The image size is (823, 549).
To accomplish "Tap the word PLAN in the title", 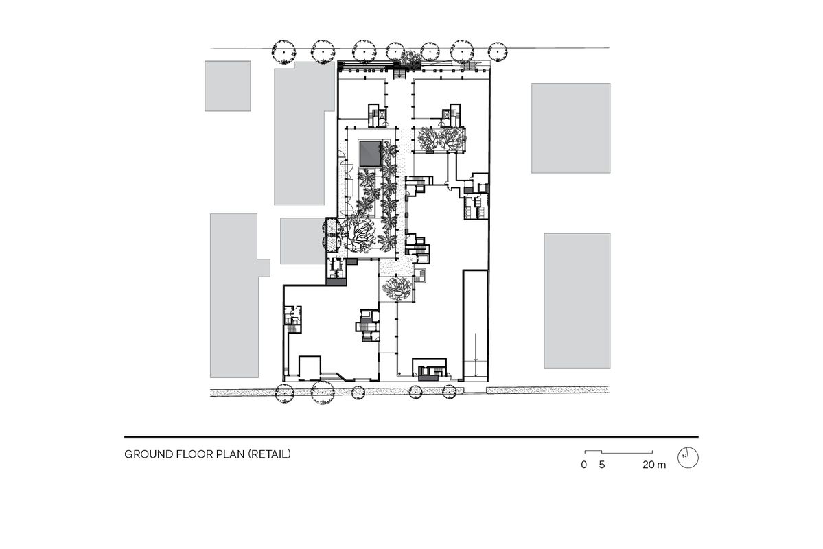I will [229, 454].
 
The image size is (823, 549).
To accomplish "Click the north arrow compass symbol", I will [687, 457].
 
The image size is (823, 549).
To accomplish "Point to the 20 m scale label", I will [654, 465].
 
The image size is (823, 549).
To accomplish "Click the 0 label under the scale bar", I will [583, 465].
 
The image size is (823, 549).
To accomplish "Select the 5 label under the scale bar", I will [601, 465].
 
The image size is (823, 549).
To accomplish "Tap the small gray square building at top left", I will [227, 86].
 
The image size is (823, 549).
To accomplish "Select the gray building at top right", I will [570, 128].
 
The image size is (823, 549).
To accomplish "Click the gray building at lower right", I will [577, 301].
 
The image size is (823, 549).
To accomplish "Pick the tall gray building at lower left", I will [234, 295].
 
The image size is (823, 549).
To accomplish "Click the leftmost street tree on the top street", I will [284, 50].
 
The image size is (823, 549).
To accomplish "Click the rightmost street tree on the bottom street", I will [450, 392].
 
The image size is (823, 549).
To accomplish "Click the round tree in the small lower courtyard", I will [396, 289].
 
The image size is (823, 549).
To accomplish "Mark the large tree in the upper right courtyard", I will [439, 141].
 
